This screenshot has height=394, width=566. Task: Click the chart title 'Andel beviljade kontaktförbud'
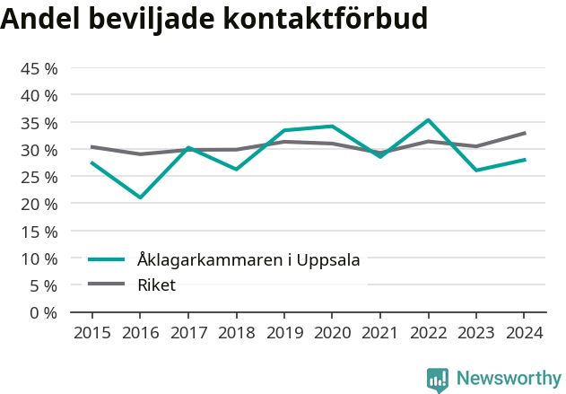coord(214,19)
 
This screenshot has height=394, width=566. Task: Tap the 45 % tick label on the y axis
coord(39,68)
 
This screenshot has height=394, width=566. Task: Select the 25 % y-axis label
coord(39,177)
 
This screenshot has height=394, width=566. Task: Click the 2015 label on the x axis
coord(91,333)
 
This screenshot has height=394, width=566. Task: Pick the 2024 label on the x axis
coord(525,333)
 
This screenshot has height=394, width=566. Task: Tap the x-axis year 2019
coord(284,333)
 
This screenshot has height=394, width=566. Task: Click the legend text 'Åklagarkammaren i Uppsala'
coord(248,260)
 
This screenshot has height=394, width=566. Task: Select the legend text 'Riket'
coord(156,285)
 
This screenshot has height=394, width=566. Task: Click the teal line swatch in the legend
coord(106,260)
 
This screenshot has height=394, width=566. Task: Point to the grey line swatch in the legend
coord(106,285)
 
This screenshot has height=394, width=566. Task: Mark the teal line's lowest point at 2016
coord(140,197)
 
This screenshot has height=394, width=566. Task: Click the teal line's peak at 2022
coord(429,120)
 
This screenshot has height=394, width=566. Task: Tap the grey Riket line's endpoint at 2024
coord(525,133)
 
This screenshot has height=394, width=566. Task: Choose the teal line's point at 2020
coord(332,127)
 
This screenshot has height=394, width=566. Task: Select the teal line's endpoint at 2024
coord(525,160)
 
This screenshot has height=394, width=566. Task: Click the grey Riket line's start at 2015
coord(91,146)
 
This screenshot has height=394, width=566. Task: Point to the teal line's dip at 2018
coord(236,169)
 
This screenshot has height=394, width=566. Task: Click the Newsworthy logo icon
coord(438,379)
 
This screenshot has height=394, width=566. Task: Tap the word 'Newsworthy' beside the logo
coord(508,379)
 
